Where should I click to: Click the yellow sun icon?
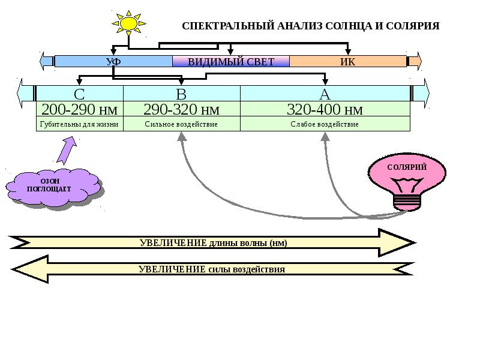[x=128, y=23]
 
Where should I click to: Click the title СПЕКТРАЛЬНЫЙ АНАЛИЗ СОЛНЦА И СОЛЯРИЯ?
[x=311, y=26]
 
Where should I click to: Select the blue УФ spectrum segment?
[x=113, y=61]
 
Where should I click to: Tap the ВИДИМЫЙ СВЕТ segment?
[x=231, y=61]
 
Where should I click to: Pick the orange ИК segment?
[x=348, y=61]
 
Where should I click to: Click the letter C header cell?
[x=80, y=94]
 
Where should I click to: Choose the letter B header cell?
[x=181, y=94]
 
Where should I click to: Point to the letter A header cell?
[x=325, y=94]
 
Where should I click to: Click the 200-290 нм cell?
[x=80, y=109]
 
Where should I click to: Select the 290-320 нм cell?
[x=181, y=109]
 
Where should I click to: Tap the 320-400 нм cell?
[x=325, y=109]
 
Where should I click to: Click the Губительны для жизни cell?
[x=80, y=124]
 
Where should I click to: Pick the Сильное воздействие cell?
[x=181, y=124]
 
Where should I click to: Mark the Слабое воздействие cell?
[x=325, y=124]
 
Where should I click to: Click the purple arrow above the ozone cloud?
[x=67, y=149]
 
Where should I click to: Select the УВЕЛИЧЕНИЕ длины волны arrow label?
[x=213, y=243]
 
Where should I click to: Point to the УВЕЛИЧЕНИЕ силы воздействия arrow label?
[x=212, y=269]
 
